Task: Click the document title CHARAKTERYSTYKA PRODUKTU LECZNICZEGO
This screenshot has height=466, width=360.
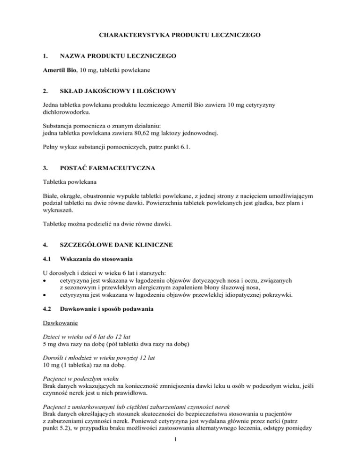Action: click(180, 35)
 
